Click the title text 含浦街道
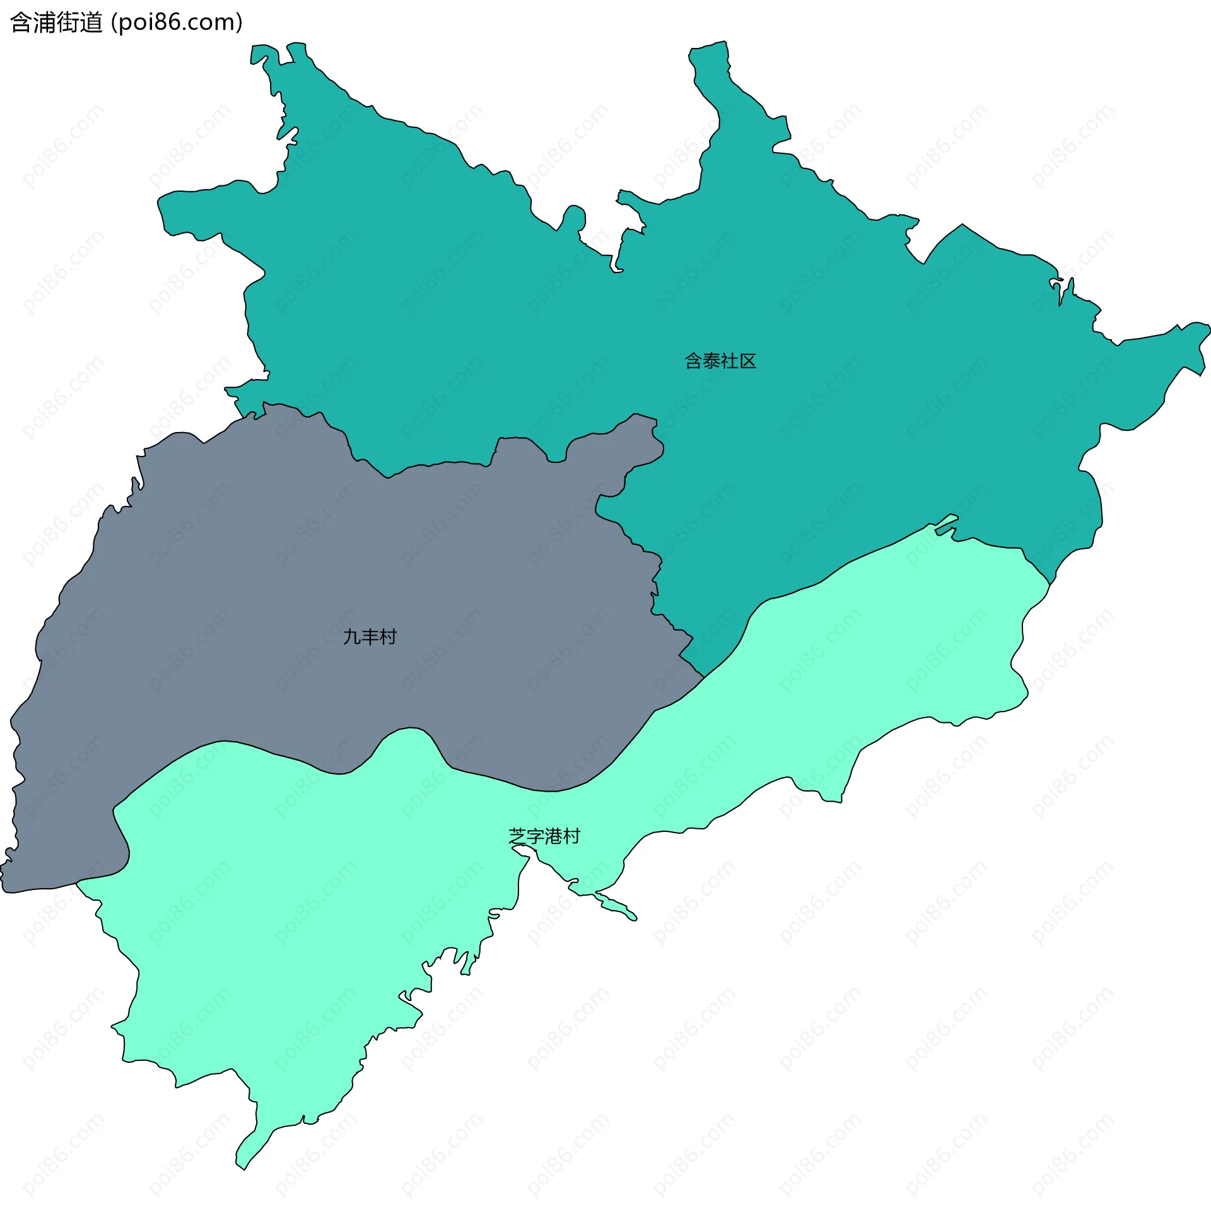point(57,23)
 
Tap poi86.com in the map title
point(177,23)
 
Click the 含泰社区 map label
point(720,361)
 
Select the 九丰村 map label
point(370,637)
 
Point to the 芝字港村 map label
point(544,836)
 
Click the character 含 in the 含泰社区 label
point(694,361)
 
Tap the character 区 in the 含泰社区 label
point(747,361)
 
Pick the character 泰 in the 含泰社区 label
point(711,361)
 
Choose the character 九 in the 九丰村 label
point(352,637)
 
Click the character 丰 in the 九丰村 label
point(370,637)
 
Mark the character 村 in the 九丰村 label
point(388,637)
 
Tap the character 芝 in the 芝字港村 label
point(518,836)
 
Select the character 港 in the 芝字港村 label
point(554,836)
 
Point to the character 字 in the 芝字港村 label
point(535,836)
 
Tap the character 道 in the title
point(91,23)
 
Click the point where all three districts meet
point(703,677)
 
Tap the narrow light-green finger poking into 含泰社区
point(945,523)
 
